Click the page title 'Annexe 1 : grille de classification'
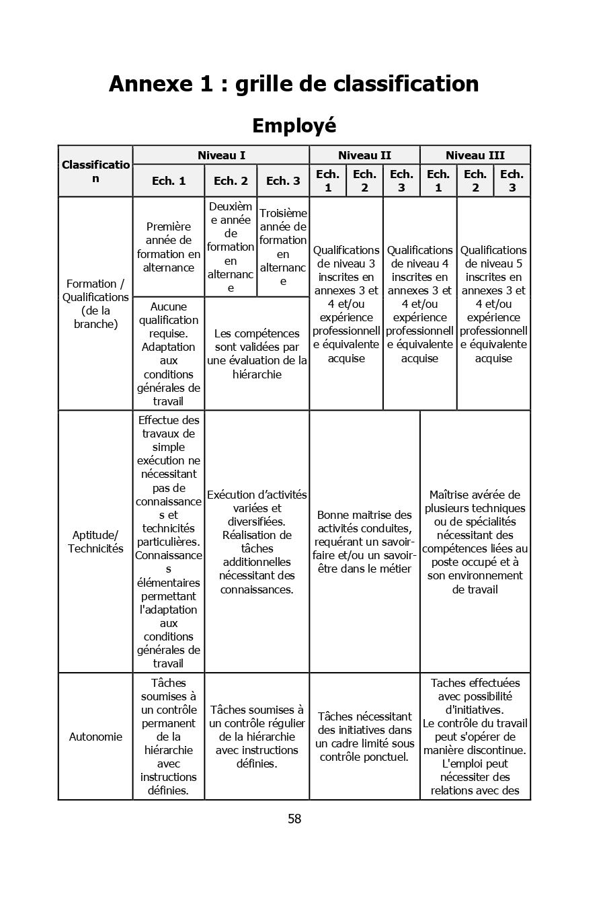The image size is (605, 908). click(x=294, y=84)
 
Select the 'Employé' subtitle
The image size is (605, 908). click(x=294, y=126)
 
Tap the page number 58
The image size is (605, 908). click(x=294, y=819)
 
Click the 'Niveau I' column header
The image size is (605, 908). click(x=221, y=155)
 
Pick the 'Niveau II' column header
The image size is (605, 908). click(x=364, y=155)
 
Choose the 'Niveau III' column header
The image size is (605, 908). click(x=475, y=155)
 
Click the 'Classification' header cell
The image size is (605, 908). click(x=95, y=171)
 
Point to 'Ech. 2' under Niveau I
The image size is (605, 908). click(x=231, y=181)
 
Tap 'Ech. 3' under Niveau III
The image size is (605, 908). click(x=512, y=181)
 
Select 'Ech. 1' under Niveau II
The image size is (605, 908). click(x=327, y=181)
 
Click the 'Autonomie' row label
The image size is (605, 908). click(x=95, y=737)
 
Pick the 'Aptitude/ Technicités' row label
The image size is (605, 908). click(x=95, y=542)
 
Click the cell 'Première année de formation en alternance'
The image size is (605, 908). click(x=169, y=247)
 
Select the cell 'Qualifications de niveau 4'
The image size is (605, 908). click(x=419, y=304)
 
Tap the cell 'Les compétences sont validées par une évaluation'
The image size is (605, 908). click(x=257, y=354)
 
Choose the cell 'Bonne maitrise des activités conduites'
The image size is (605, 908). click(x=364, y=542)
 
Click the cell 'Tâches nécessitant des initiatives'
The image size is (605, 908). click(x=364, y=737)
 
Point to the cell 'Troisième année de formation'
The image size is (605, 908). click(x=283, y=247)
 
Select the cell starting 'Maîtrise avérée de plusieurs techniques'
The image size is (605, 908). click(x=475, y=542)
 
